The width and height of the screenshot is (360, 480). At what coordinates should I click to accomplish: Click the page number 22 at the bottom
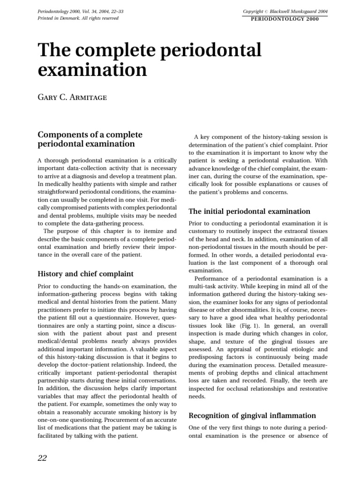pyautogui.click(x=42, y=458)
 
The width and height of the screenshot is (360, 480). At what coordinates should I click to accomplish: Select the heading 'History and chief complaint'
pyautogui.click(x=85, y=273)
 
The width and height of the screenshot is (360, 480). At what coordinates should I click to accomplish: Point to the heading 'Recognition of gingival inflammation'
pyautogui.click(x=252, y=415)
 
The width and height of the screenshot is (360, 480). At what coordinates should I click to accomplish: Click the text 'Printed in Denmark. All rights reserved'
pyautogui.click(x=78, y=18)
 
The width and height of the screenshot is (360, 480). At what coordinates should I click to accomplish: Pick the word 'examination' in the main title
pyautogui.click(x=92, y=70)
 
